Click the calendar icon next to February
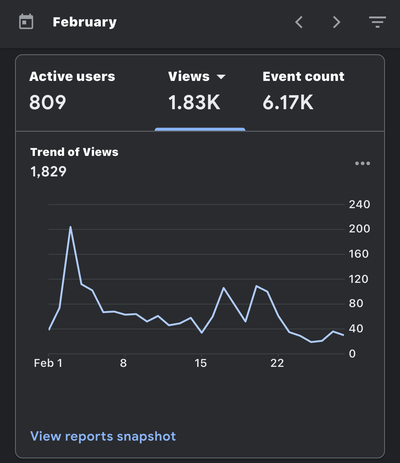point(26,21)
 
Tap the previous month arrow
point(299,22)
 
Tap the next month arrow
point(336,22)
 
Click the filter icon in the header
point(378,22)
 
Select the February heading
point(85,22)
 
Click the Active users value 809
point(48,102)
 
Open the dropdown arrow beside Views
point(221,77)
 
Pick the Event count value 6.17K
point(288,102)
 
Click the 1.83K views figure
point(194,102)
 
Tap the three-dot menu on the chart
point(363,163)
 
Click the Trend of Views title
point(74,152)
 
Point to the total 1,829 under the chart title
point(48,171)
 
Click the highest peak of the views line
point(70,227)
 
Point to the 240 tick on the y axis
point(360,204)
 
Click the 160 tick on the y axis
point(359,254)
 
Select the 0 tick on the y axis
point(352,354)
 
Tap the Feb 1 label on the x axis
point(48,363)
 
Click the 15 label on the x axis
point(201,363)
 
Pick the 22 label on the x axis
point(277,363)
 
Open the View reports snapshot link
point(103,436)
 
